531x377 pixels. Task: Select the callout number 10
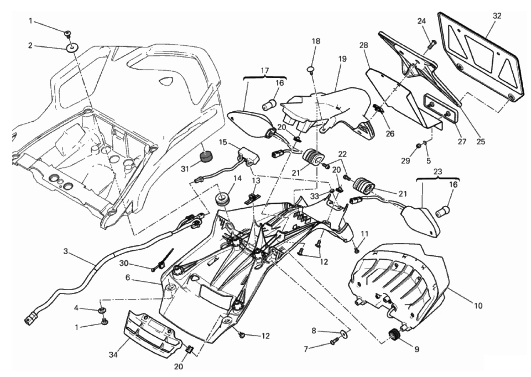pos(478,305)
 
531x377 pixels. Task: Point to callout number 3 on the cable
pos(65,251)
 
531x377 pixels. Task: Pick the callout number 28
pos(364,45)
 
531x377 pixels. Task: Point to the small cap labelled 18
pos(311,68)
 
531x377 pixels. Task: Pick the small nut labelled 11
pos(357,251)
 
